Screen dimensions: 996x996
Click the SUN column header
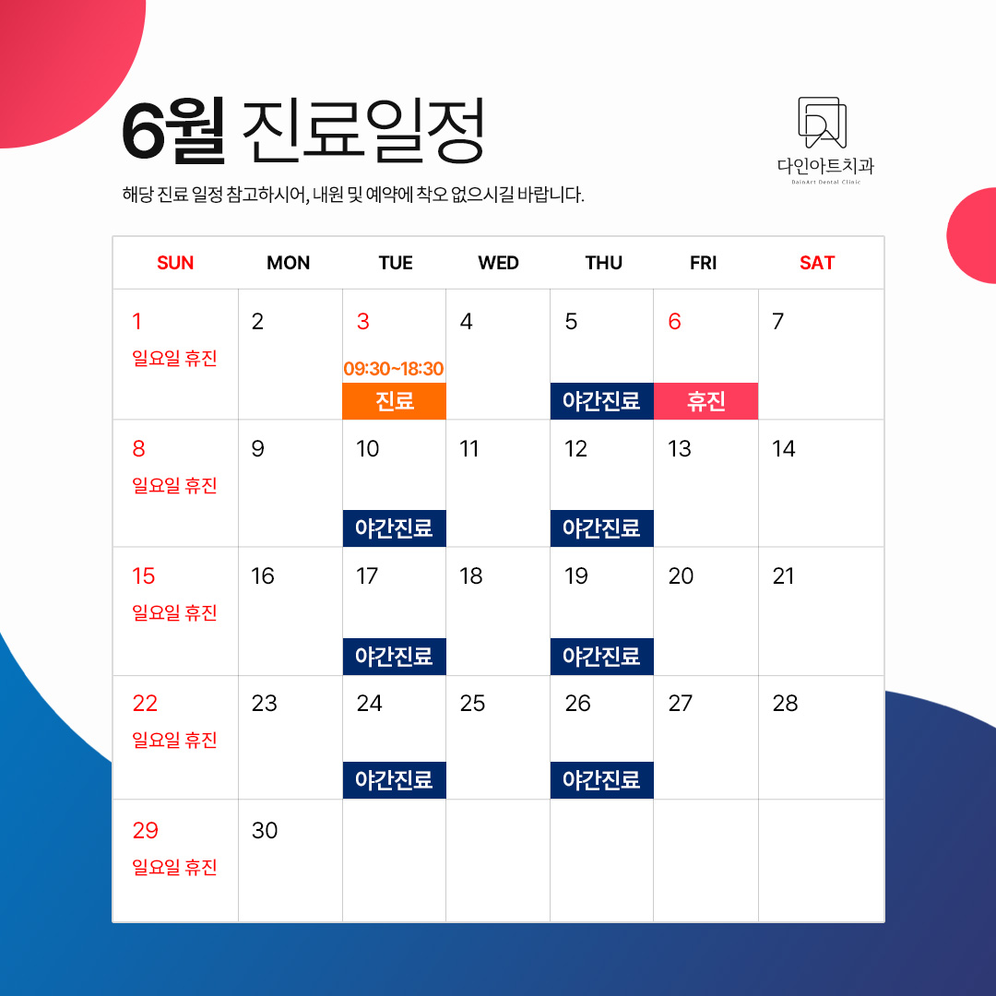click(175, 263)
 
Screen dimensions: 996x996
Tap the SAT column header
click(817, 263)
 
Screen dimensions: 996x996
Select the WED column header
click(499, 263)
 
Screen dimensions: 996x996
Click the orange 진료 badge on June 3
click(394, 401)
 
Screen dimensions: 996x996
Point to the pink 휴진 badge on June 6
click(705, 401)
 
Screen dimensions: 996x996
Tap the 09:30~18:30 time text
click(394, 368)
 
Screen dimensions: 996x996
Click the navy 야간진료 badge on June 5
click(601, 401)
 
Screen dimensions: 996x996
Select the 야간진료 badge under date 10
click(394, 528)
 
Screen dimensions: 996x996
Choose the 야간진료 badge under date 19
click(601, 657)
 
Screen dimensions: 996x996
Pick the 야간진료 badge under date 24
click(394, 779)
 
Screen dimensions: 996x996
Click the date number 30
click(265, 830)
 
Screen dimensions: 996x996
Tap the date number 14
click(783, 449)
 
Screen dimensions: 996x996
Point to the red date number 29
click(146, 830)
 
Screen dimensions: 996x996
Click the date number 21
click(783, 576)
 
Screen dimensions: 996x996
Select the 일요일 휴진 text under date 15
click(174, 613)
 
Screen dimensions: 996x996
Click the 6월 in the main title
click(172, 131)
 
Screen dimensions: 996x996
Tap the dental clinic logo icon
click(823, 123)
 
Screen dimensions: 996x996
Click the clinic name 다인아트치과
click(825, 166)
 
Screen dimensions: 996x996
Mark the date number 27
click(681, 703)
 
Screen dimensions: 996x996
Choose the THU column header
click(603, 263)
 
